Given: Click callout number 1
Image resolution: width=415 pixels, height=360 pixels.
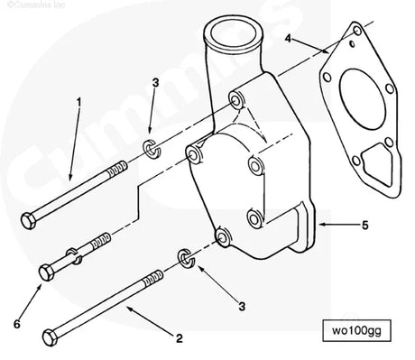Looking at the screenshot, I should (79, 102).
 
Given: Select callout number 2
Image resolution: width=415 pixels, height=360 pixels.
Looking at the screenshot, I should (179, 338).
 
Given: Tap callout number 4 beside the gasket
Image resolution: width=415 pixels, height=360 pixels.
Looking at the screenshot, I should (288, 39).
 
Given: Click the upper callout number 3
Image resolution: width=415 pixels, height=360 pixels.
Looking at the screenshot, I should (156, 83).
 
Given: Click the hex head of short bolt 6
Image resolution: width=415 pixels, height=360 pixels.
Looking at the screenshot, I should (48, 269).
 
